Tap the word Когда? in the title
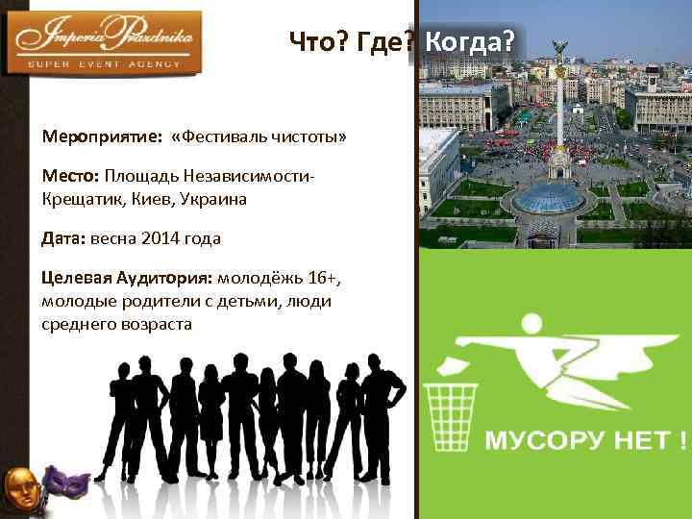(x=469, y=42)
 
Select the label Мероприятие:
(x=101, y=136)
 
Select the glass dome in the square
(x=549, y=198)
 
